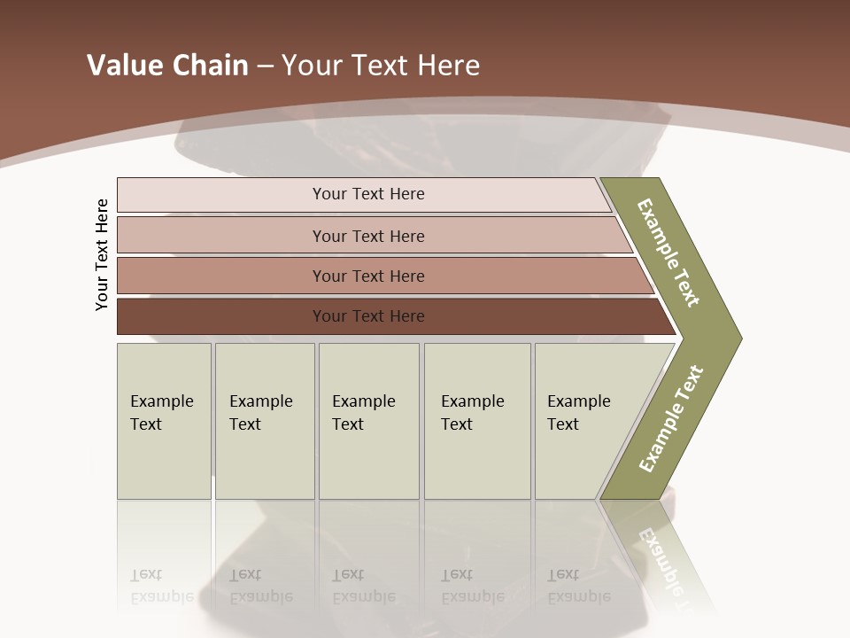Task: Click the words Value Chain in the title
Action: click(167, 65)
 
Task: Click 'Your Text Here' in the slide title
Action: click(381, 65)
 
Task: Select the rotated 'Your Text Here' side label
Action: click(102, 255)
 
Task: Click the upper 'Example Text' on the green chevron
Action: click(668, 253)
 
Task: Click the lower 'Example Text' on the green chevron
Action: click(670, 418)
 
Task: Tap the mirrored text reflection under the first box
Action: click(161, 587)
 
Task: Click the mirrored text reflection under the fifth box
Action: click(578, 587)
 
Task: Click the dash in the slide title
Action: click(265, 66)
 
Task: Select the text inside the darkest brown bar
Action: click(368, 316)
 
